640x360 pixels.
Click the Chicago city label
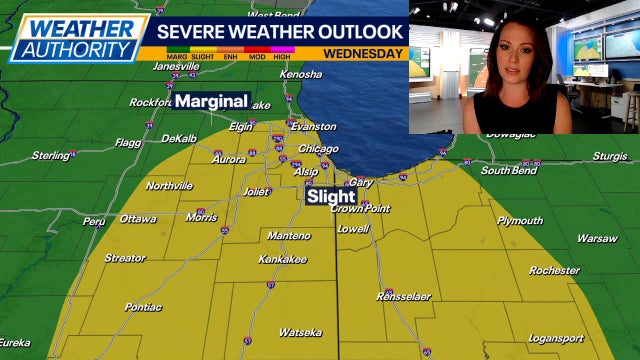pos(318,149)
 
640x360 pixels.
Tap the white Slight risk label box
pos(331,197)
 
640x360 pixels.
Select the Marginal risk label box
pos(211,101)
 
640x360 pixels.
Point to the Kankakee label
pos(283,259)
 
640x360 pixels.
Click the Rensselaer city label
pos(403,297)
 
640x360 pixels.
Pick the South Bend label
pos(509,170)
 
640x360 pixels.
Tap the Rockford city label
pos(150,102)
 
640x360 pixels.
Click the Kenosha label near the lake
pos(301,74)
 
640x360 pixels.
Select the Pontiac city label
pos(143,307)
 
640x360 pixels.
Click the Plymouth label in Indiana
pos(519,220)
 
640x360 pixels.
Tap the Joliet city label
pos(256,191)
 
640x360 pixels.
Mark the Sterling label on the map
pos(50,155)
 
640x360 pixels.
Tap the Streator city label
pos(125,258)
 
